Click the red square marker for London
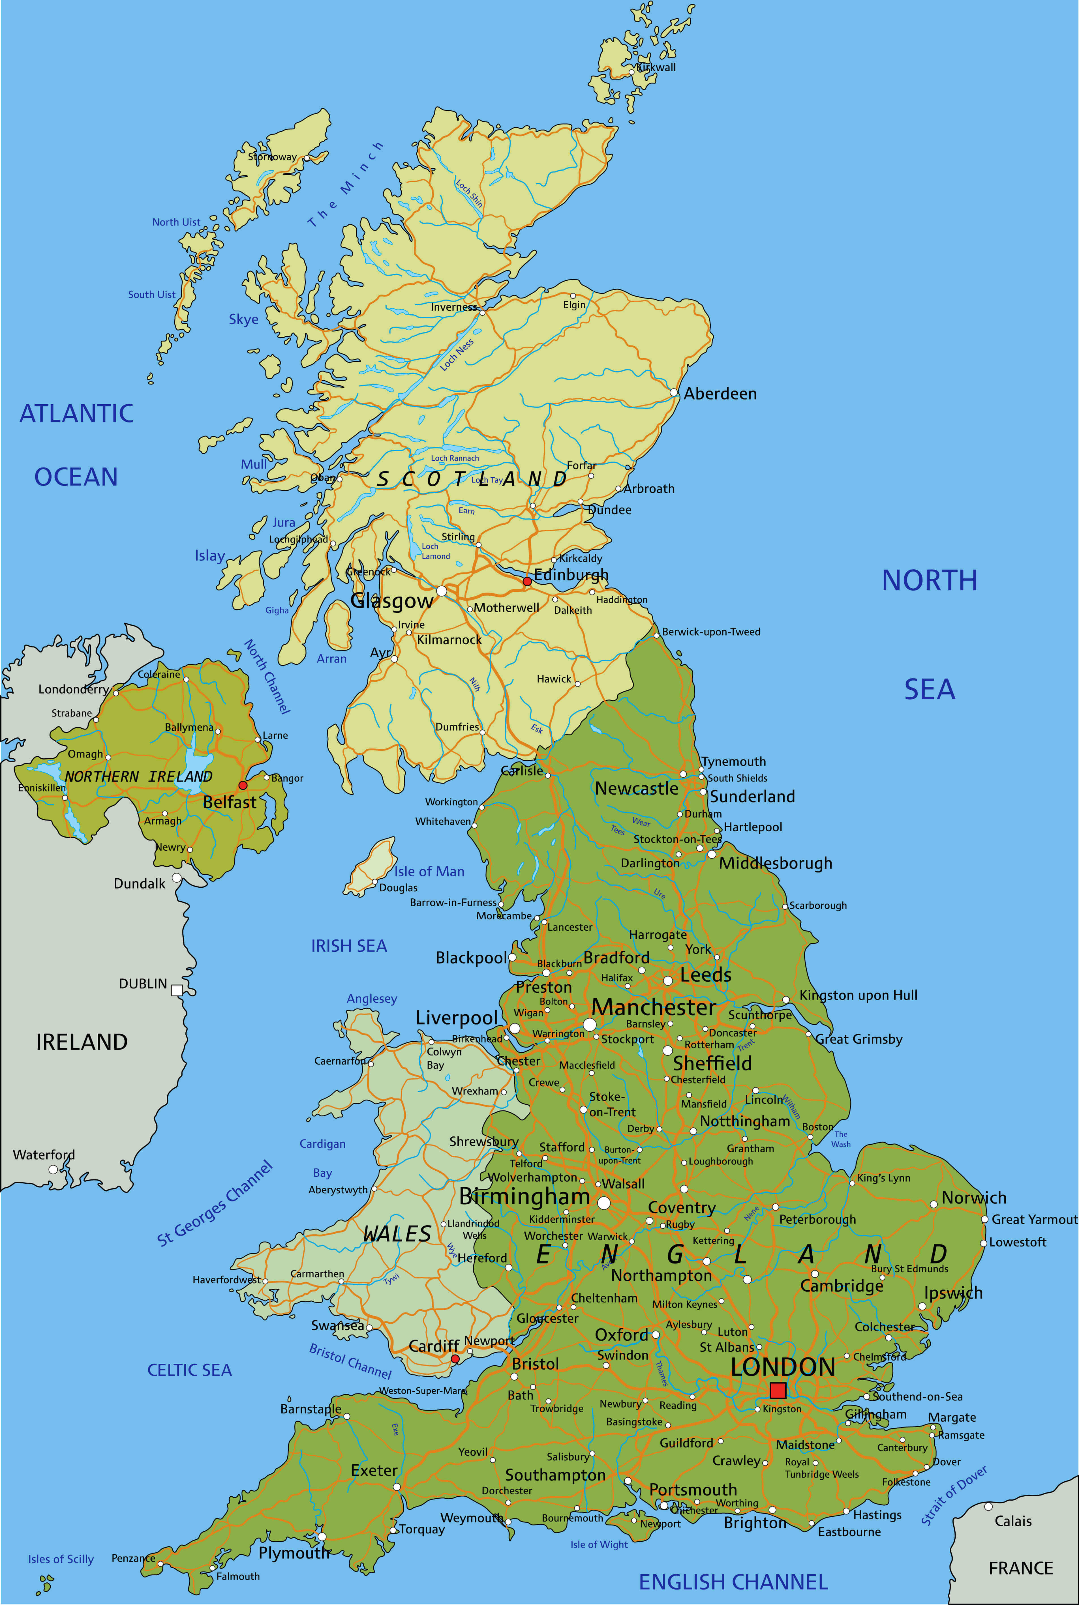point(778,1390)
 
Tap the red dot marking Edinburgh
point(527,581)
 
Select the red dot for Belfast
point(242,785)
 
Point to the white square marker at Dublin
point(177,990)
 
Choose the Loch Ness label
point(457,355)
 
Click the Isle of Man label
point(429,872)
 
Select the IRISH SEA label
point(349,946)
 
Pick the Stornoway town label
point(273,157)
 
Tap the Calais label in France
point(1013,1521)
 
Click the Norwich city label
point(974,1198)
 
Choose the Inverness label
point(453,307)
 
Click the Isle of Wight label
point(599,1544)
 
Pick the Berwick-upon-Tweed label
point(711,632)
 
